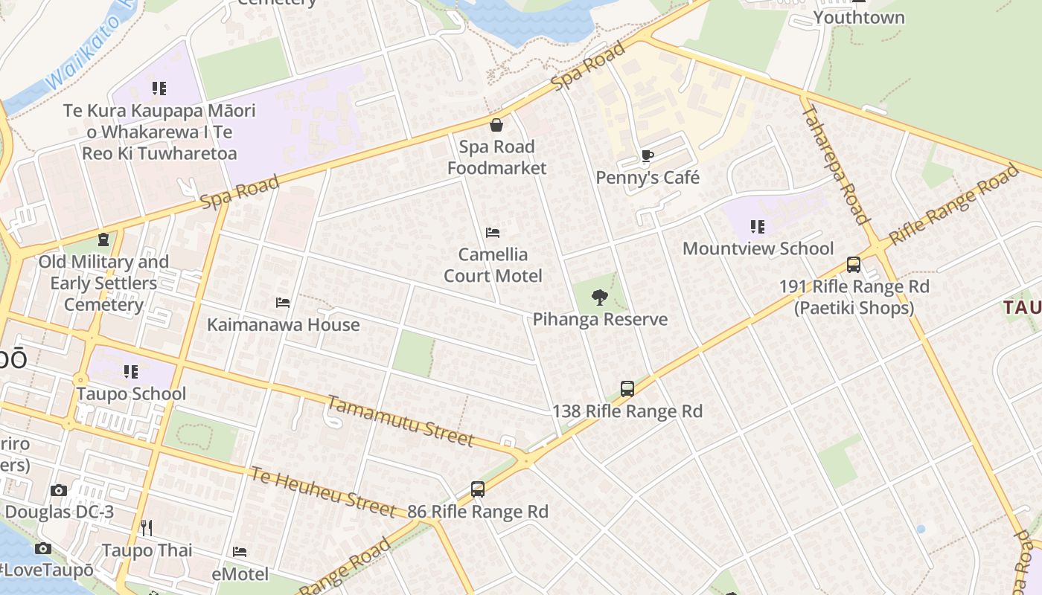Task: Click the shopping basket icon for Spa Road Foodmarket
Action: pyautogui.click(x=496, y=125)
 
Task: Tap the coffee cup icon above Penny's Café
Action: pyautogui.click(x=647, y=156)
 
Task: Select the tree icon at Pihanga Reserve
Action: pyautogui.click(x=599, y=297)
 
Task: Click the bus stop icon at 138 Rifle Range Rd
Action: pyautogui.click(x=627, y=389)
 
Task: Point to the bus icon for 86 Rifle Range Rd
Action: pyautogui.click(x=478, y=489)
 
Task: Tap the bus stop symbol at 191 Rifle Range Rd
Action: pyautogui.click(x=854, y=265)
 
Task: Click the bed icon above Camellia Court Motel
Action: pyautogui.click(x=492, y=233)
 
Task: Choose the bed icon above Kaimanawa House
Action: pyautogui.click(x=283, y=303)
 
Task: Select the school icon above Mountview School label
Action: pyautogui.click(x=758, y=227)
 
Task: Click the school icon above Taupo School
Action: pyautogui.click(x=131, y=372)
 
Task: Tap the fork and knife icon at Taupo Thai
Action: pyautogui.click(x=147, y=528)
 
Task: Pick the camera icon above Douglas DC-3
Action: pyautogui.click(x=59, y=490)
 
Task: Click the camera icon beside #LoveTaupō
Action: pyautogui.click(x=43, y=549)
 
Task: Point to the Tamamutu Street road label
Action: pyautogui.click(x=400, y=422)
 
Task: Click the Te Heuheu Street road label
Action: pyautogui.click(x=322, y=492)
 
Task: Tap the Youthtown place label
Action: pyautogui.click(x=859, y=17)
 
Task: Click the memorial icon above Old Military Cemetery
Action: pyautogui.click(x=103, y=240)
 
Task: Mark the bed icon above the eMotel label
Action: pyautogui.click(x=240, y=552)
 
